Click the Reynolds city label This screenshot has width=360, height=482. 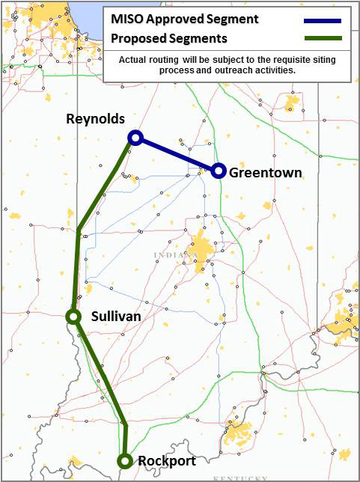95,119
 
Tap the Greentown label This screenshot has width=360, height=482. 266,173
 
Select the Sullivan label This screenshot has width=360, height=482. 115,317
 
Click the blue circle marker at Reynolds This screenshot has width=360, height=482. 135,137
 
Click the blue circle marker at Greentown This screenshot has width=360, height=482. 218,171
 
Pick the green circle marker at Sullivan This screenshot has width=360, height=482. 73,317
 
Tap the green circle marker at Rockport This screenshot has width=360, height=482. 125,461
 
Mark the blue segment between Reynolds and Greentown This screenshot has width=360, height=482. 177,154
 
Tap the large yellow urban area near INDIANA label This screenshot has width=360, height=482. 201,247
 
